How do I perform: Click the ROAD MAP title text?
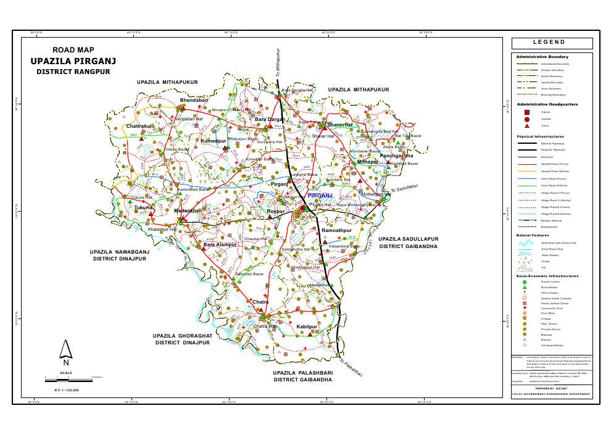(72, 50)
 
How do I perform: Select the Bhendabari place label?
(194, 99)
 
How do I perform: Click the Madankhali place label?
(188, 211)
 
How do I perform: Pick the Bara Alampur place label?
(220, 245)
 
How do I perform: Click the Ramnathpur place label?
(336, 230)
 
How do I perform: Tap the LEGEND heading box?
(552, 43)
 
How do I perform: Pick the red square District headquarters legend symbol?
(527, 112)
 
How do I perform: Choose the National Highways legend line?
(528, 143)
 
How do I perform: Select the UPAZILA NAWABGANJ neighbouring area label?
(119, 252)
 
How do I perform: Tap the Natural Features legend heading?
(531, 235)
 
